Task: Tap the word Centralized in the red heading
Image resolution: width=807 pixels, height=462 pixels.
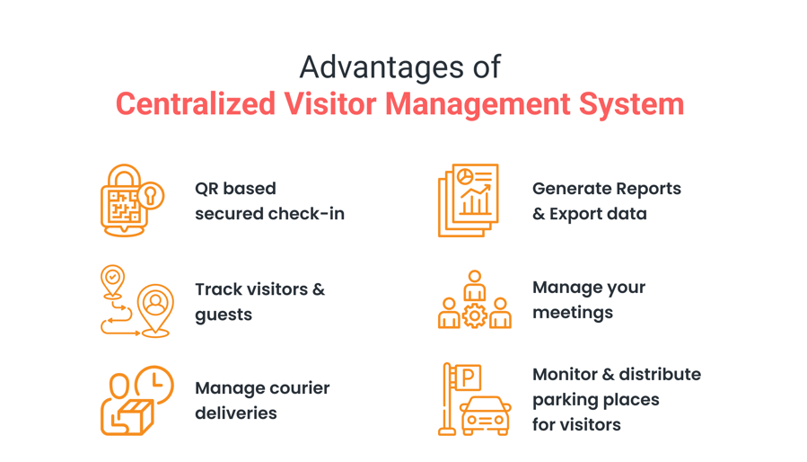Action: point(196,103)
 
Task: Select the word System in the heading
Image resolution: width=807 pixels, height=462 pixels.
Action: point(631,104)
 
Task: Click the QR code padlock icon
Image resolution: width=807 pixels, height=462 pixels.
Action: point(132,200)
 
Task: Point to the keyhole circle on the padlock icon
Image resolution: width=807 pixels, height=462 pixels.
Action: point(151,196)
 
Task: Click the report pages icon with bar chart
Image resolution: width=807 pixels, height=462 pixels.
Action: point(469,200)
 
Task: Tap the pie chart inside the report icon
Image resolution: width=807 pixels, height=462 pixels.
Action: point(465,177)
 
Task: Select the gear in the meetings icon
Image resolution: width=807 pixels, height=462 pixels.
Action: point(475,315)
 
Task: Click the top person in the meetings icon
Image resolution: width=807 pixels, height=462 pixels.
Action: point(475,285)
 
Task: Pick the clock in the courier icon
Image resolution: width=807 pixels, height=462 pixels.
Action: point(155,384)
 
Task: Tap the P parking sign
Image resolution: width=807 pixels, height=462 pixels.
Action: point(468,378)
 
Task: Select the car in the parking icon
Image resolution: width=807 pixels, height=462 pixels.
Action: point(486,415)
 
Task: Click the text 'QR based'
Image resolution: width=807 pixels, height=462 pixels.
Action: point(235,189)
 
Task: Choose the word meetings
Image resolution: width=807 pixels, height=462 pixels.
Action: point(573,313)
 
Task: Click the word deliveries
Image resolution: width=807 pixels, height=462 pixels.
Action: point(236,413)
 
